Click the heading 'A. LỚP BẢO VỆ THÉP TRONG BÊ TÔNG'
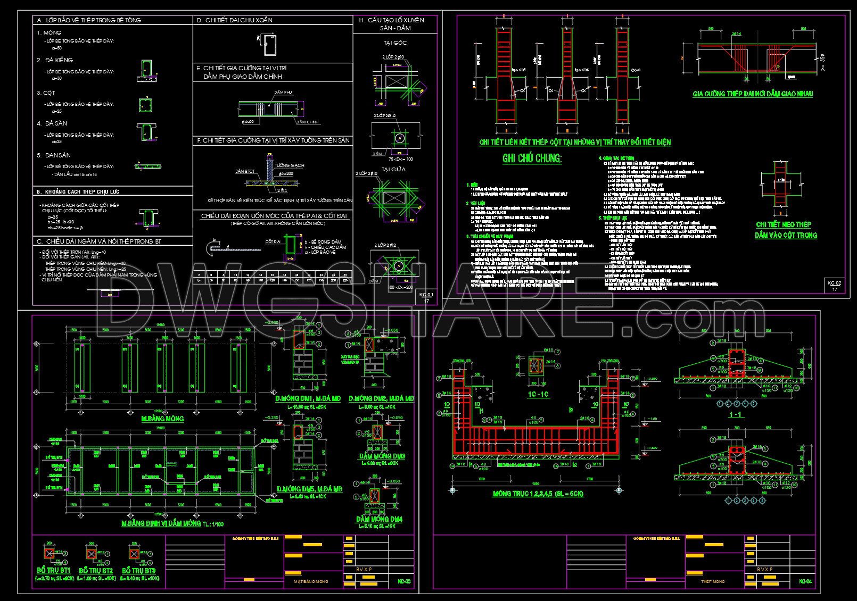(88, 20)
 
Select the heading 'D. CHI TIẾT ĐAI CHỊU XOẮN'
(235, 20)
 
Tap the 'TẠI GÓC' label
(395, 42)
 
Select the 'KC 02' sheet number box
(835, 286)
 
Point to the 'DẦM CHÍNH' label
(308, 122)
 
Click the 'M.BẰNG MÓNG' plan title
(162, 419)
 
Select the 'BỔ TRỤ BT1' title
(50, 571)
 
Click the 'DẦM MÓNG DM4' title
(380, 519)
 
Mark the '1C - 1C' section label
(538, 394)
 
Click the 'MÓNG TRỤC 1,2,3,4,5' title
(538, 494)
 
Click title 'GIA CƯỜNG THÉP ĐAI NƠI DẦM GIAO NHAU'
(753, 94)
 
